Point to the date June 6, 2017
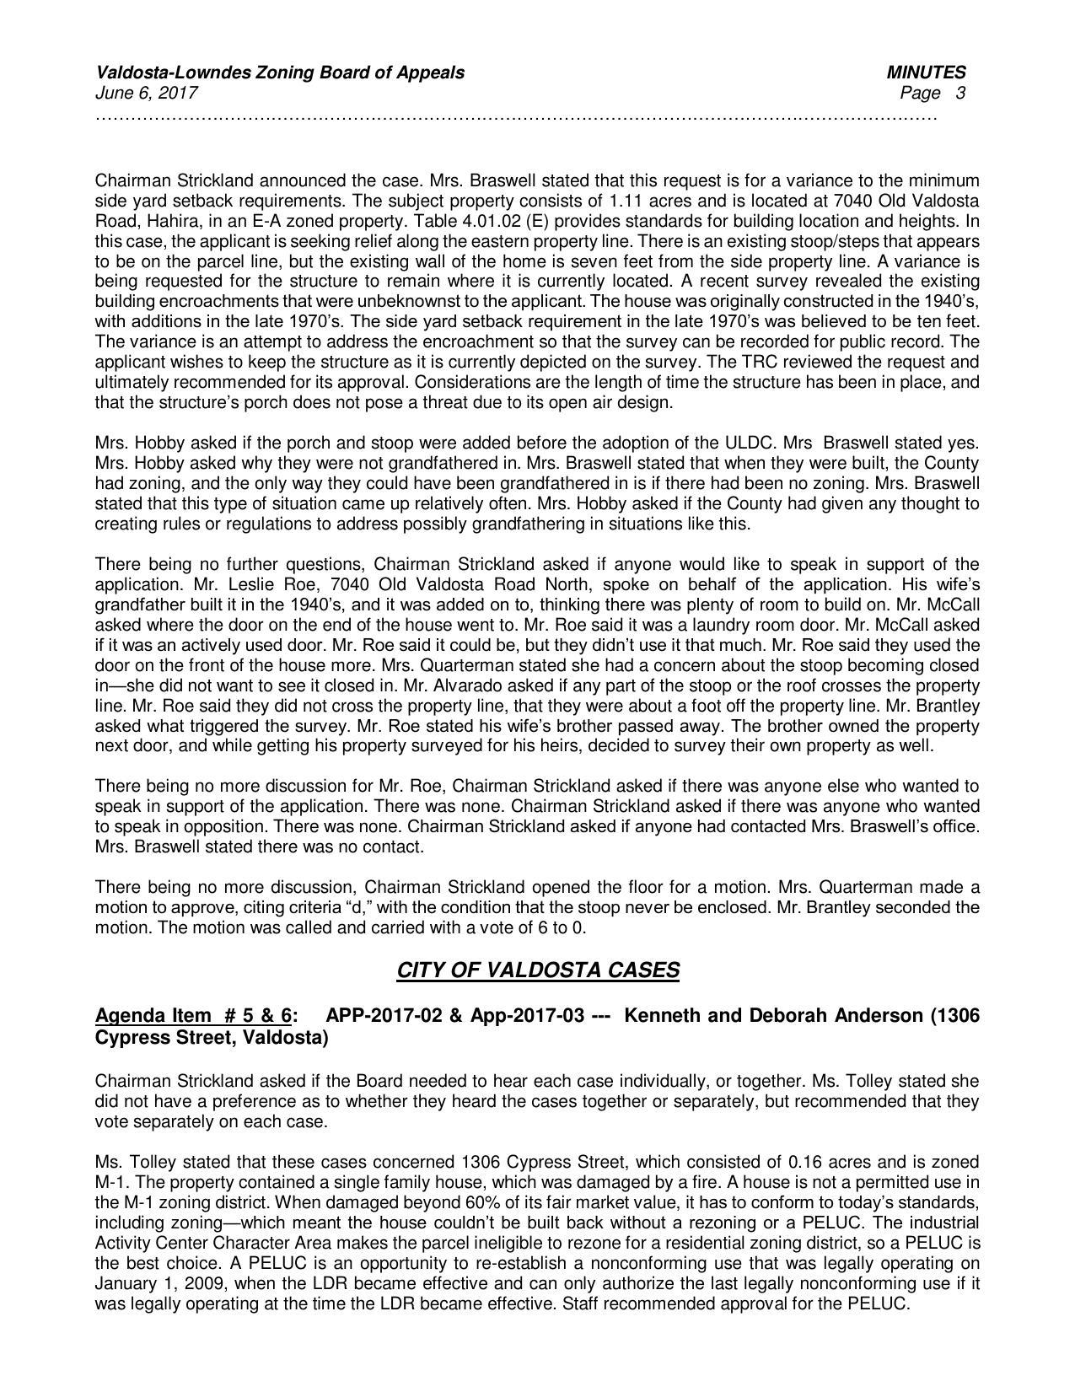[147, 93]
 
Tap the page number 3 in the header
[960, 93]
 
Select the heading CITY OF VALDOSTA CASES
[537, 970]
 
